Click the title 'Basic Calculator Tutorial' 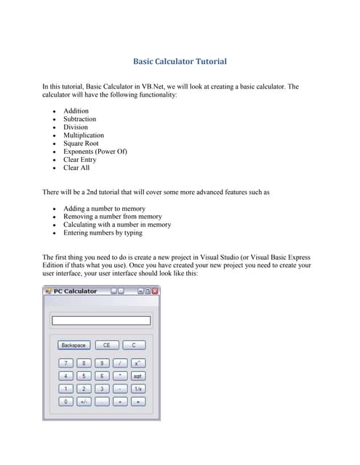(180, 62)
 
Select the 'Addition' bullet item (76, 111)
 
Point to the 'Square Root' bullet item (81, 144)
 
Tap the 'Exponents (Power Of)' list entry (95, 152)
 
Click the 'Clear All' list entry (76, 168)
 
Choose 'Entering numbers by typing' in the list (103, 233)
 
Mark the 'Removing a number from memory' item (112, 217)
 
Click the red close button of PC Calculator (154, 291)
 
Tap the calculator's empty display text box (100, 320)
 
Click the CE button (106, 345)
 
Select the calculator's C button (134, 345)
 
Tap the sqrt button (137, 376)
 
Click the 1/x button (137, 388)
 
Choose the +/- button (84, 400)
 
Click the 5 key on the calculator (84, 376)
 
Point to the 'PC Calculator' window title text (75, 291)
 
